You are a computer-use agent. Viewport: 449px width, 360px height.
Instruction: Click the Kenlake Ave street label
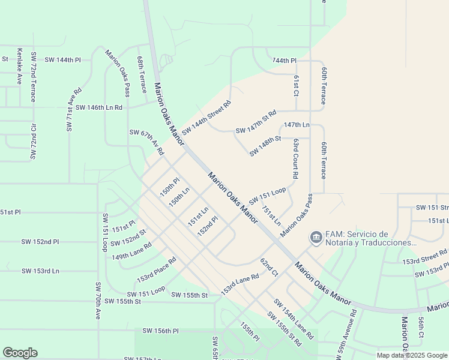coord(19,65)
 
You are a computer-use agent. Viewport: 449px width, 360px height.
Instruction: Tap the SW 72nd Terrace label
coord(34,76)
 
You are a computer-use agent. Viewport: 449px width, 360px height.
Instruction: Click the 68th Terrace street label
coord(141,75)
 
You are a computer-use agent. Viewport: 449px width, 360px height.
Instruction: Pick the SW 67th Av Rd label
coord(146,142)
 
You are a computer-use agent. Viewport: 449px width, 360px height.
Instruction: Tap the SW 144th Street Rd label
coord(206,118)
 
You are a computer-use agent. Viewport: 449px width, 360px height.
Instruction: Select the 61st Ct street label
coord(297,85)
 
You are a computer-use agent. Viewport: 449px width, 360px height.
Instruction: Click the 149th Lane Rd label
coord(131,252)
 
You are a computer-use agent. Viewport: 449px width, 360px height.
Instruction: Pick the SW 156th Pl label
coord(160,331)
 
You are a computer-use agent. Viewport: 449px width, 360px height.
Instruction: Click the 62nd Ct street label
coord(269,267)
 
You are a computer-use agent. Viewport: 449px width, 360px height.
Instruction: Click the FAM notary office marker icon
coord(315,238)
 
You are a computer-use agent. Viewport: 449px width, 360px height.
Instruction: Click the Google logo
coord(20,353)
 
